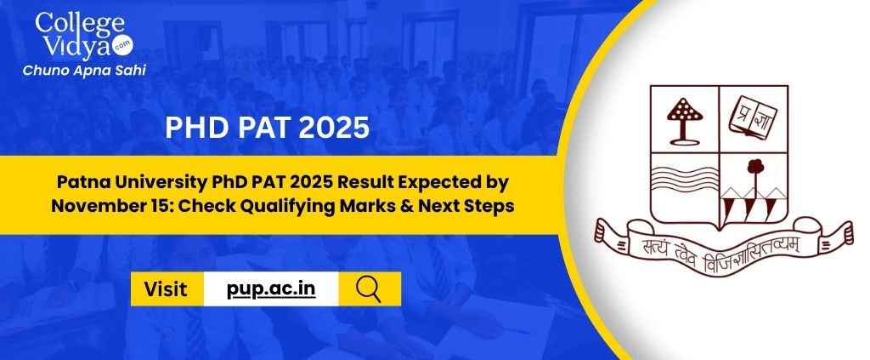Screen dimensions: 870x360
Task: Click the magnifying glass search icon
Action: [x=369, y=289]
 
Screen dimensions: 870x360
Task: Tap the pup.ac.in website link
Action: [x=271, y=289]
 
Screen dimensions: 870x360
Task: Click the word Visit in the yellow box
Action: [x=166, y=289]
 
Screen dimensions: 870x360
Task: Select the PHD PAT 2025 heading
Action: [x=267, y=128]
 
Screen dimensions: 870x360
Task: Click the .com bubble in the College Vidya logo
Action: [x=122, y=47]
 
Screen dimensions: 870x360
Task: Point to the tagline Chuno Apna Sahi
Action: [x=84, y=70]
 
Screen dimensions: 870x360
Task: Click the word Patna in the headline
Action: [x=77, y=181]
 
